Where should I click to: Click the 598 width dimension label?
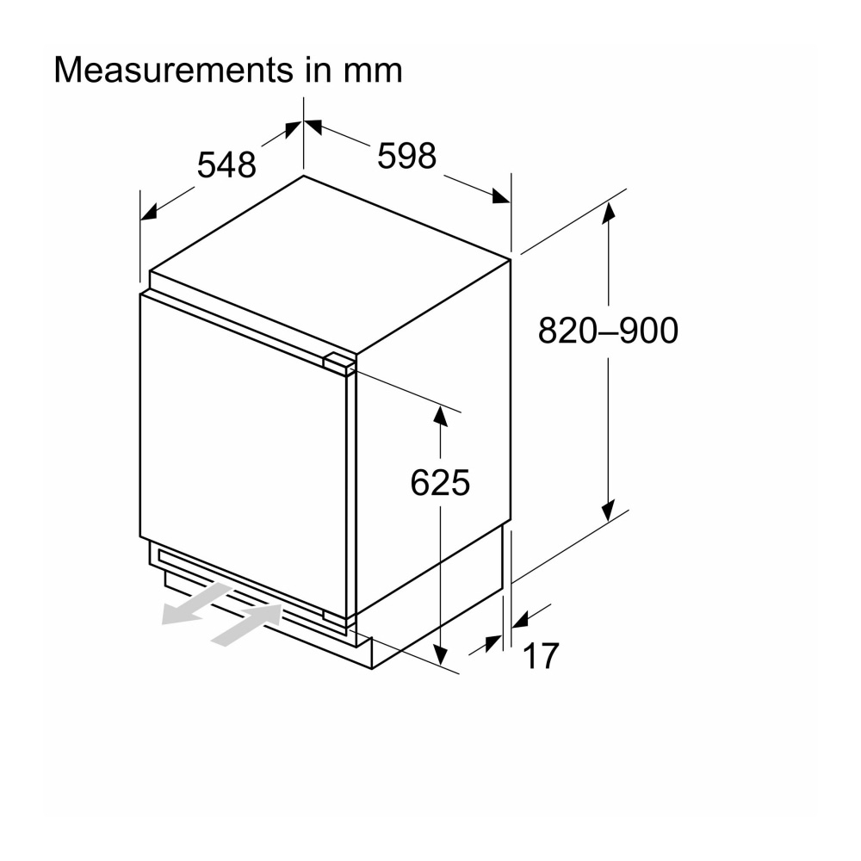407,156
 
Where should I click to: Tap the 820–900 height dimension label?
608,330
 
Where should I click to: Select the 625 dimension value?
440,483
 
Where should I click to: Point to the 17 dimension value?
541,656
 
